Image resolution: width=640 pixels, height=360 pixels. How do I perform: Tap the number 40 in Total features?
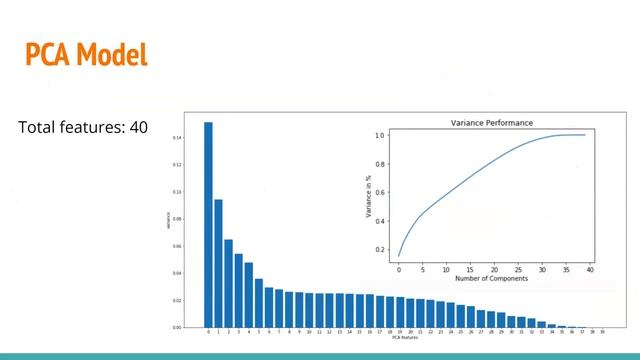[x=139, y=129]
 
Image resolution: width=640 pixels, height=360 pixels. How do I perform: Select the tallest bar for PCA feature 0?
[x=208, y=225]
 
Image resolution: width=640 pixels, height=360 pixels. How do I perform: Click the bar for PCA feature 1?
[x=218, y=263]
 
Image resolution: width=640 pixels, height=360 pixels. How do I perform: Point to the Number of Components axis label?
[x=493, y=279]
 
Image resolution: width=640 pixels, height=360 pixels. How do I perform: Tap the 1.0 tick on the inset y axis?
[x=380, y=135]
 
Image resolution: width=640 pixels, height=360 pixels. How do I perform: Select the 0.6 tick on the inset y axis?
[x=380, y=192]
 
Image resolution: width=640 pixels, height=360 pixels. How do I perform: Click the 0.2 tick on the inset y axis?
[x=380, y=249]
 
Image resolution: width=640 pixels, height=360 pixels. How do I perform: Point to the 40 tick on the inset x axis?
[x=590, y=269]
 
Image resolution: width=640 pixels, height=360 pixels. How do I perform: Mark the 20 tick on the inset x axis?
[x=494, y=269]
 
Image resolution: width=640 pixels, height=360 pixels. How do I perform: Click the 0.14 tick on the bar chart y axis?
[x=177, y=137]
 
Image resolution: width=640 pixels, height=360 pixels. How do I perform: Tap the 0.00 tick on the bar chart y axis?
[x=177, y=327]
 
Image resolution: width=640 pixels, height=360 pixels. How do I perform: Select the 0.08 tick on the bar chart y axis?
[x=177, y=218]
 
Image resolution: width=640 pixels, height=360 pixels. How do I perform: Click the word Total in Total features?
[x=38, y=129]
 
